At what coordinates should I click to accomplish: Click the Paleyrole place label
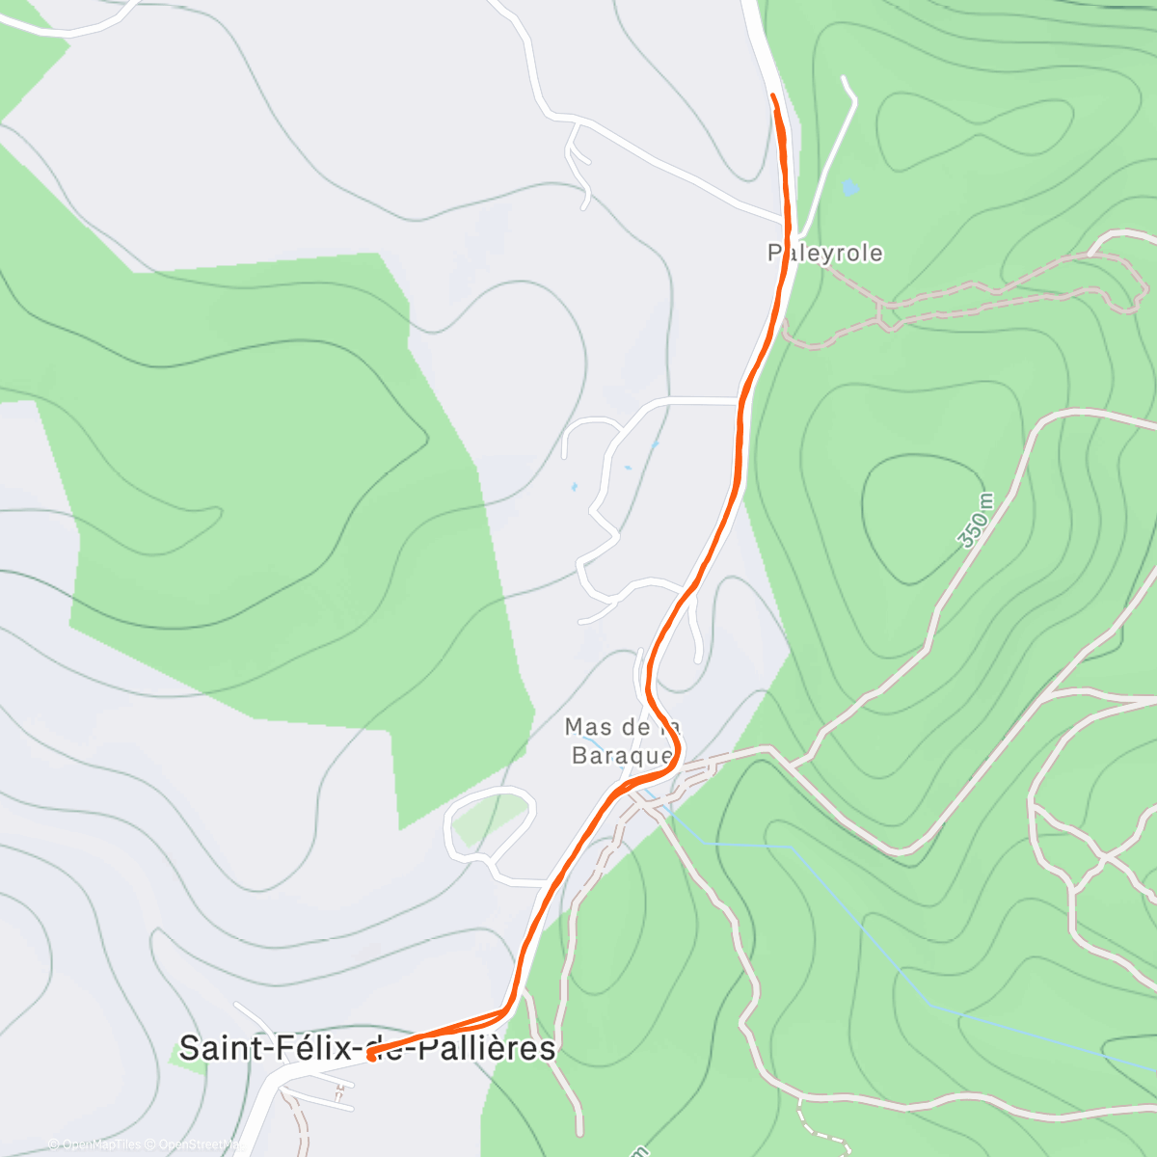(825, 253)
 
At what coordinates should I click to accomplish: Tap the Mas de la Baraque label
(622, 740)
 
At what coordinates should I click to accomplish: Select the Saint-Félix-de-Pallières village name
(367, 1047)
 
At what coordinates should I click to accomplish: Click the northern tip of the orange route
(773, 95)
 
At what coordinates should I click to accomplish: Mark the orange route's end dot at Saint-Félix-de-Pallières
(371, 1056)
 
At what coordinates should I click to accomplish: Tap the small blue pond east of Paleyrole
(848, 187)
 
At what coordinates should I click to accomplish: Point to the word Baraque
(622, 755)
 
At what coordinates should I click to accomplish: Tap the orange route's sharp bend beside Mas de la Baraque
(677, 749)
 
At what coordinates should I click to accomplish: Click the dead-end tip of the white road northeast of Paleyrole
(845, 77)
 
